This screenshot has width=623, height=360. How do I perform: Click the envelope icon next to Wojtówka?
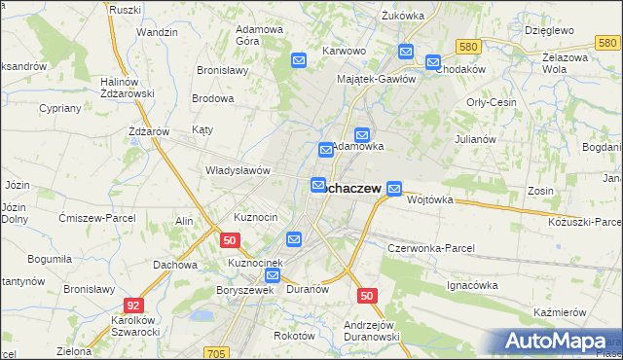click(x=394, y=188)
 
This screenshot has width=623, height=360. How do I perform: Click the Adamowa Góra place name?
click(x=260, y=35)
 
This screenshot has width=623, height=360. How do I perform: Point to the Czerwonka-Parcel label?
click(x=430, y=248)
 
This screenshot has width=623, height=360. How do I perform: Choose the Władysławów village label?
click(x=237, y=170)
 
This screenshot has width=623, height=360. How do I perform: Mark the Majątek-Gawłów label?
click(x=376, y=79)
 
